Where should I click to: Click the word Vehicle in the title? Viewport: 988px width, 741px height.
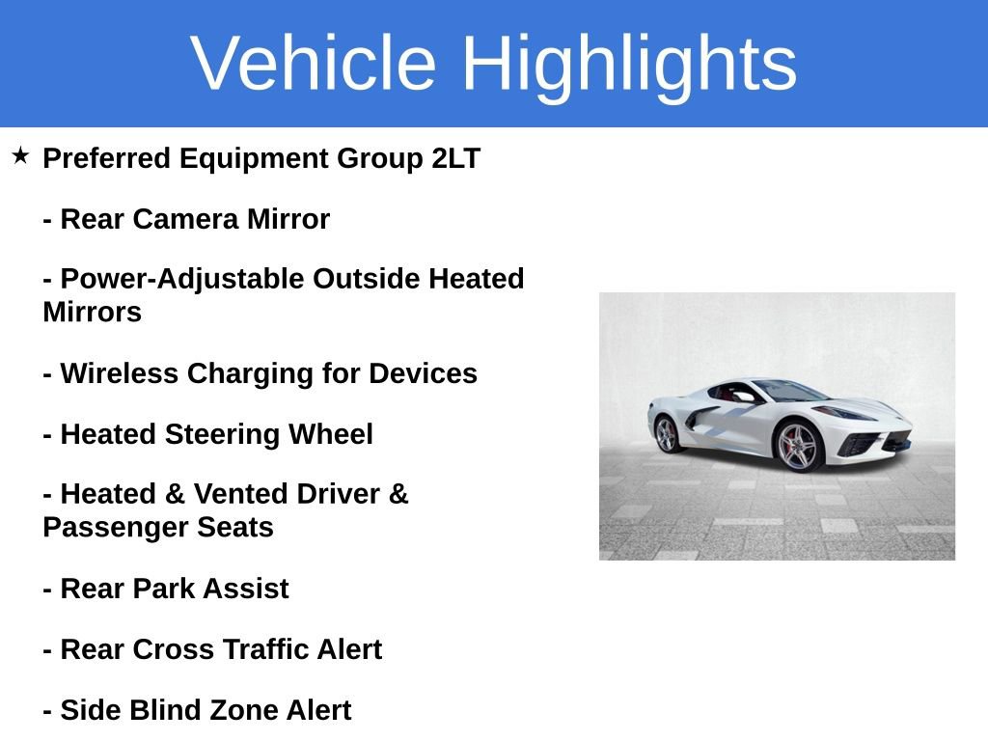(x=314, y=64)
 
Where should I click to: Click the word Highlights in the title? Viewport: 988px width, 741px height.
(x=629, y=64)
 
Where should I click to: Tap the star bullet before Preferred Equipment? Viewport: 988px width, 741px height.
(x=20, y=155)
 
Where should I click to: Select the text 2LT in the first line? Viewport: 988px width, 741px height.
(x=455, y=158)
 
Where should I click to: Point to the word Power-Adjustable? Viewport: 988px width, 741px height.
(x=181, y=279)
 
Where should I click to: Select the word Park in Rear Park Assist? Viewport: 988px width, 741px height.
(x=171, y=589)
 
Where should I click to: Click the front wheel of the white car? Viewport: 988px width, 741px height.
(x=797, y=447)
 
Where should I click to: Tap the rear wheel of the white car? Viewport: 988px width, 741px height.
(x=667, y=434)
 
